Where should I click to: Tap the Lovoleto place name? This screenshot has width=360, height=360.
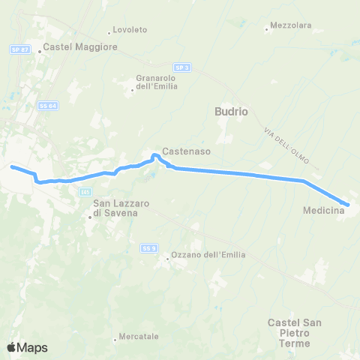130,30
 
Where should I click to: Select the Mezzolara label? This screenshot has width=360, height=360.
291,25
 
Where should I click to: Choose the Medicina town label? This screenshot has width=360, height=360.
323,211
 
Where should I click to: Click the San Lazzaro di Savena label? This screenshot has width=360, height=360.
115,208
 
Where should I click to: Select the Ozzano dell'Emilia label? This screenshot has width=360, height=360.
203,256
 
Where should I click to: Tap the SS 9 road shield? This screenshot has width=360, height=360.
148,247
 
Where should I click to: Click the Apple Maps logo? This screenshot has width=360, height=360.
27,347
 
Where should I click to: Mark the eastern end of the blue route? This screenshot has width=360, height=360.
348,204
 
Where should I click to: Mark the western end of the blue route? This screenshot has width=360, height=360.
11,167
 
